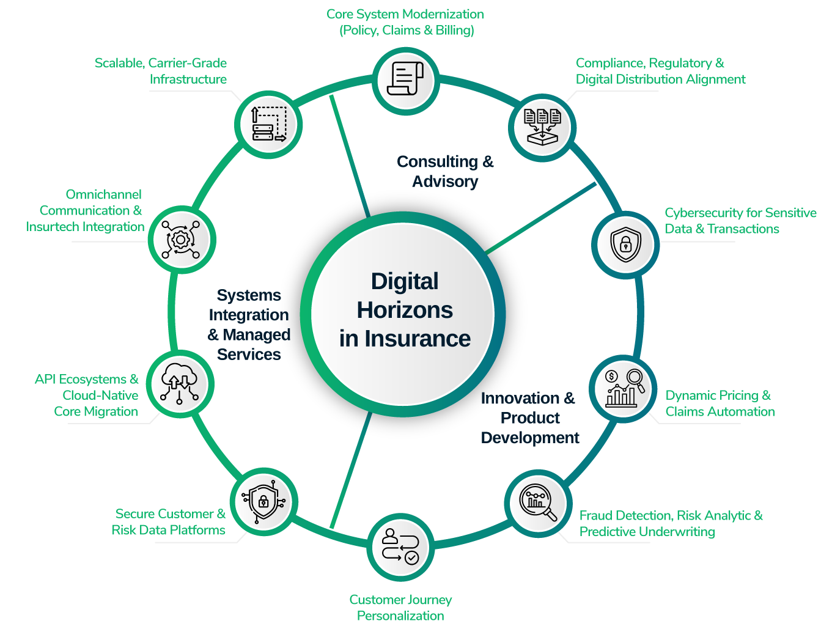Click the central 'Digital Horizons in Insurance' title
click(x=405, y=310)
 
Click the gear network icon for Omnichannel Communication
click(x=180, y=239)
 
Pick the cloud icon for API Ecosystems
click(x=180, y=384)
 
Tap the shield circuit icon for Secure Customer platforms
click(x=263, y=502)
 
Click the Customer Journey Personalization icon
click(x=400, y=546)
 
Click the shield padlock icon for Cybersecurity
click(x=625, y=244)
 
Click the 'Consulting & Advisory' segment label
click(x=445, y=171)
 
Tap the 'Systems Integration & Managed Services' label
click(x=249, y=325)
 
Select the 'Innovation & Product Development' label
click(x=529, y=418)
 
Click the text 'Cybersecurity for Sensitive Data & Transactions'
click(x=740, y=221)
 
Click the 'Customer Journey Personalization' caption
click(x=400, y=608)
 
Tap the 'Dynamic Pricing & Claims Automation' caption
click(x=720, y=403)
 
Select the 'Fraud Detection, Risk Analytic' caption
click(x=671, y=523)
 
